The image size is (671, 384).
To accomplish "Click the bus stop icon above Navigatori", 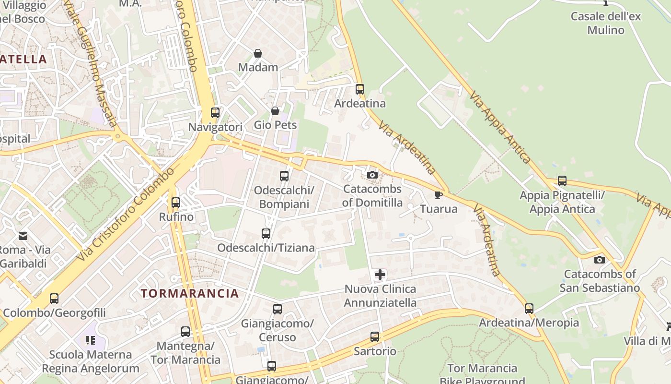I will pos(215,113).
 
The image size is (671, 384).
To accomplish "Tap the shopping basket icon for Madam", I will pos(258,53).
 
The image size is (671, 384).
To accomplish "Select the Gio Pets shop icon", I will pos(275,111).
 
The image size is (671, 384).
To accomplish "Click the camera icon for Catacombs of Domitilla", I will pos(372,175).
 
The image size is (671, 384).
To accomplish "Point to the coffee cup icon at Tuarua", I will pos(438,195).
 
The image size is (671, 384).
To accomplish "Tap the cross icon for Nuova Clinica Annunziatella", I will pos(380,275).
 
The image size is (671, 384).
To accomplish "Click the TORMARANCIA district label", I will pos(190,293).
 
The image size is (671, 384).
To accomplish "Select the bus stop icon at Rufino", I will pos(176,203).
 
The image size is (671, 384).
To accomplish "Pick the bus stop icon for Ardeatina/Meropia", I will pos(529,308).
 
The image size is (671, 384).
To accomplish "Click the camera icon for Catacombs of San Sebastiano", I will pos(600,260).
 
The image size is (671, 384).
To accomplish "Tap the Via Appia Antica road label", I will pos(500,127).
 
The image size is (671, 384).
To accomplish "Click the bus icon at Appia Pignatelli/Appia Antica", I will pos(562,181).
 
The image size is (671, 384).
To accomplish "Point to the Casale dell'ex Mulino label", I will pos(606,23).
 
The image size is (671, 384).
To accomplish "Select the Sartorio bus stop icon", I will pos(375,337).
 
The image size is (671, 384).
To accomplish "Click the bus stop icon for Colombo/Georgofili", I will pos(54,299).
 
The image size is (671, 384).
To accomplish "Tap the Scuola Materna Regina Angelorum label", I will pos(91,361).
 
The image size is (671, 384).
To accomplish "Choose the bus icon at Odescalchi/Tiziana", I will pos(266,234).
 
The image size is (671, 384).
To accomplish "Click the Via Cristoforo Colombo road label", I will pos(126,215).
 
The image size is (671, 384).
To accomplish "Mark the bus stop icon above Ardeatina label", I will pos(360,89).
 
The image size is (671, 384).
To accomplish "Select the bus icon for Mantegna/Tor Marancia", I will pos(185,331).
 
